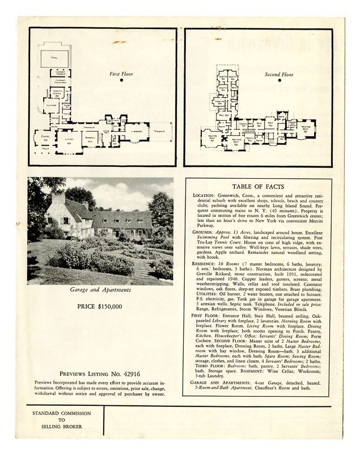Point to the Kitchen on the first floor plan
point(50,104)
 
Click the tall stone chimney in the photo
point(58,201)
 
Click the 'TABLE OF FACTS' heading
point(257,187)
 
